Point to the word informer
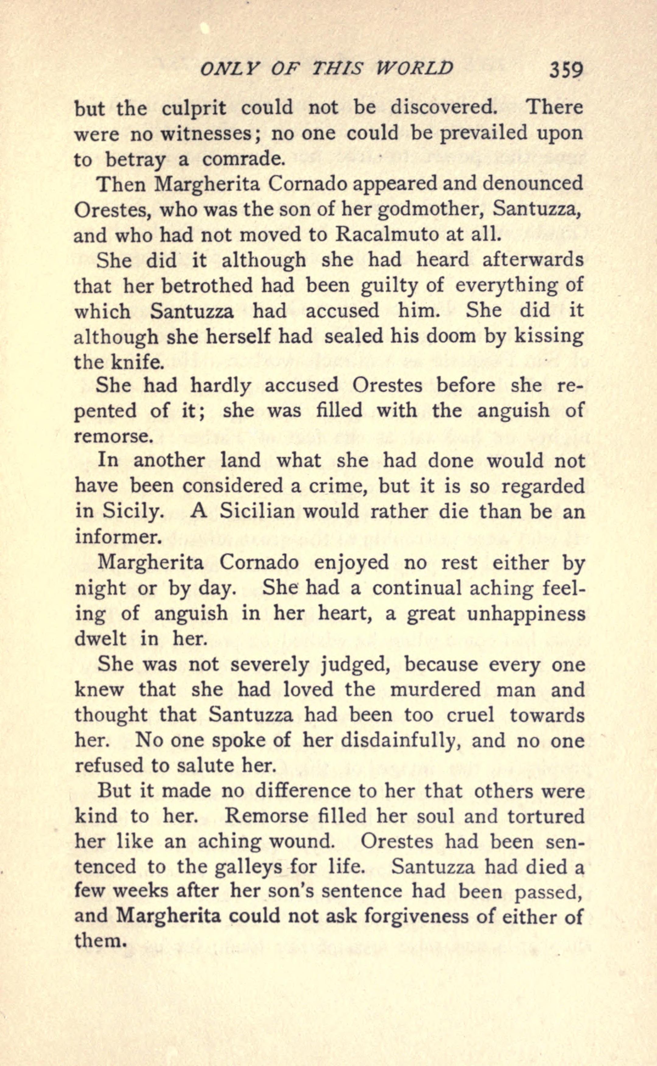coord(118,537)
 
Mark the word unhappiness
coord(526,613)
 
